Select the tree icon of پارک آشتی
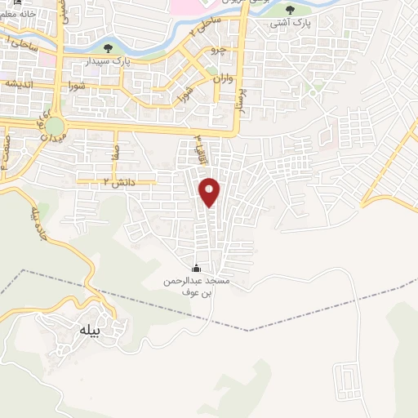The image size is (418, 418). [x=290, y=10]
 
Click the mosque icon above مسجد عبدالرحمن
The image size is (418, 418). [x=195, y=268]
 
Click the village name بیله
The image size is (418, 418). [x=87, y=330]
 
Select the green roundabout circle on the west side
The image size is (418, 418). [x=55, y=127]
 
